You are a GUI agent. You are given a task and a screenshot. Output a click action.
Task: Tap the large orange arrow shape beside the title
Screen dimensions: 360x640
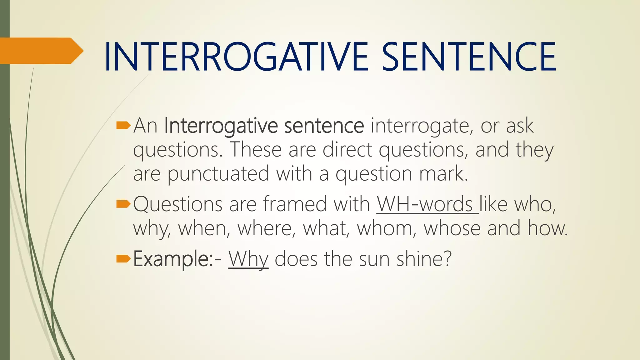click(41, 51)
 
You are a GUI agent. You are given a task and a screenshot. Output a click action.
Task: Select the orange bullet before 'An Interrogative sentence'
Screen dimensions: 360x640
click(123, 126)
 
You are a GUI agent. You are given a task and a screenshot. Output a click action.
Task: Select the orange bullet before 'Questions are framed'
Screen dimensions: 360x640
click(123, 204)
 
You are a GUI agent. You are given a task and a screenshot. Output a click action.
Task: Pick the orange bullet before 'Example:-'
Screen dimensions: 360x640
click(123, 259)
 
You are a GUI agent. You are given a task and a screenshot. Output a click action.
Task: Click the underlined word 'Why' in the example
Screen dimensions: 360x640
click(248, 259)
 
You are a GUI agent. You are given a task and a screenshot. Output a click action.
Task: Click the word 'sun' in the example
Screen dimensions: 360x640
click(374, 259)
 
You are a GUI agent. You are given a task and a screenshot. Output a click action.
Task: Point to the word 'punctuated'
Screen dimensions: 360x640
click(218, 174)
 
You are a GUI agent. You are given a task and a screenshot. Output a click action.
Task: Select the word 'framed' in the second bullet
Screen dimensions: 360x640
click(294, 204)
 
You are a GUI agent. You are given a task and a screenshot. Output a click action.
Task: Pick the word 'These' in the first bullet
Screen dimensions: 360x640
click(256, 150)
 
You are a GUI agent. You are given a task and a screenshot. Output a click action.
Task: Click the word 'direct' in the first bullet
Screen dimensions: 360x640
click(347, 150)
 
